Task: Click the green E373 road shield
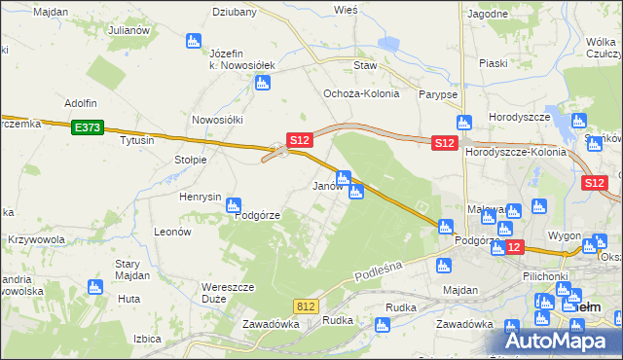point(87,126)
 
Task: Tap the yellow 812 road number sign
point(307,306)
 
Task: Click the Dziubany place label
point(235,13)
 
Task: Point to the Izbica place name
point(146,339)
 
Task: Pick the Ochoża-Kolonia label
point(356,94)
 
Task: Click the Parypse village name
point(438,94)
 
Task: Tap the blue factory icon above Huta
point(94,286)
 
